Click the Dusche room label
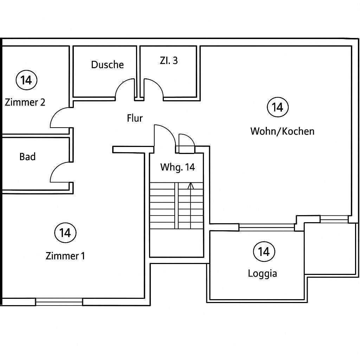108,65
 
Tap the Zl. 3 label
169,60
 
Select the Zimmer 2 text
25,102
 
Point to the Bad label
27,157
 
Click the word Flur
135,118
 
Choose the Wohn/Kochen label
282,131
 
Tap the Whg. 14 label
178,167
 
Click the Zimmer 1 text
65,256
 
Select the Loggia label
262,274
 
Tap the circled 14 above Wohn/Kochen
278,107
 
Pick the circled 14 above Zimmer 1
65,233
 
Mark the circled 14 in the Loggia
264,252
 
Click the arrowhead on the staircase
191,186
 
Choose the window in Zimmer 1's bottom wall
59,302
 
